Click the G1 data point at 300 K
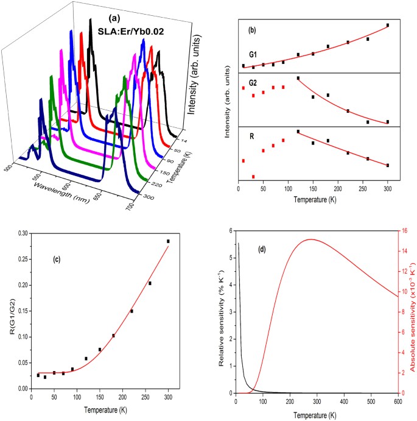click(387, 26)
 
